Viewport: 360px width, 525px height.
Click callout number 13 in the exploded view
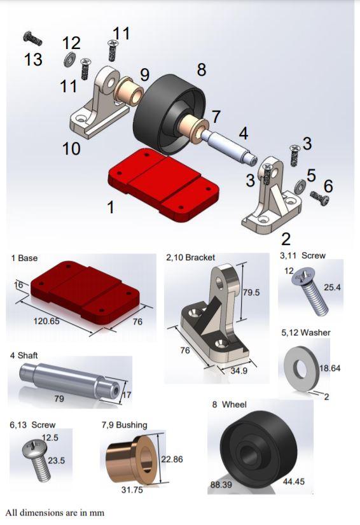33,59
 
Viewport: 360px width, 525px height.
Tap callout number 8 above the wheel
202,69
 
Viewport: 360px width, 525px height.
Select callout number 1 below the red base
110,207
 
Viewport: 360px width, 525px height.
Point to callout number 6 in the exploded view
328,186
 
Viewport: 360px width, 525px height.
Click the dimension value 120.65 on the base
46,321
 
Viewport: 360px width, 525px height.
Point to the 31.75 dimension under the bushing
132,490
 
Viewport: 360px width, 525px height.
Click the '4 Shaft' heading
24,354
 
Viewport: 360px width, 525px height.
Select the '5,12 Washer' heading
305,332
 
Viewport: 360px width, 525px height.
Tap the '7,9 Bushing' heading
124,424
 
